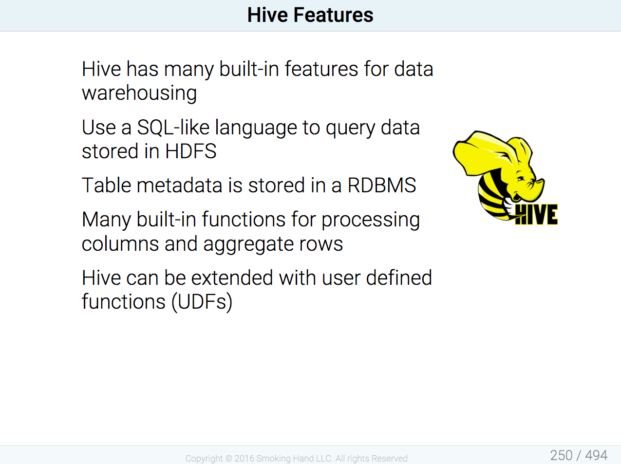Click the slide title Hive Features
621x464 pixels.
pyautogui.click(x=310, y=15)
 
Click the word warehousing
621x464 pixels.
pyautogui.click(x=139, y=93)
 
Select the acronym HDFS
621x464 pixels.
pyautogui.click(x=191, y=151)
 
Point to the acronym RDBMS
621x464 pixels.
pyautogui.click(x=382, y=185)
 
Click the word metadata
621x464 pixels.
pyautogui.click(x=179, y=185)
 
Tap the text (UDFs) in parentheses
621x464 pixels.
pyautogui.click(x=202, y=302)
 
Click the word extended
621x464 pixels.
pyautogui.click(x=232, y=278)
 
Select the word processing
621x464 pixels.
pyautogui.click(x=371, y=220)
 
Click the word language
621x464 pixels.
pyautogui.click(x=256, y=128)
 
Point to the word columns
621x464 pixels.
pyautogui.click(x=120, y=243)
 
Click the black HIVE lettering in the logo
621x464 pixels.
pyautogui.click(x=536, y=215)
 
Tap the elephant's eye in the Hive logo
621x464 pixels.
pyautogui.click(x=520, y=179)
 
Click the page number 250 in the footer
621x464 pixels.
pyautogui.click(x=561, y=456)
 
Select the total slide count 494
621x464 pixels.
pyautogui.click(x=596, y=456)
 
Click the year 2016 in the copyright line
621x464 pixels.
pyautogui.click(x=244, y=458)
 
